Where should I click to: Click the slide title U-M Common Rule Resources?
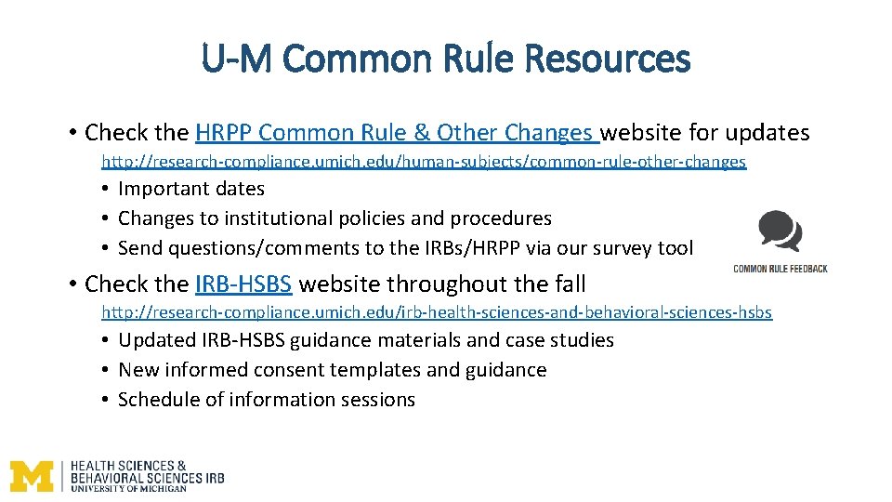(446, 59)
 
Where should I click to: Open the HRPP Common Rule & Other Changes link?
(397, 133)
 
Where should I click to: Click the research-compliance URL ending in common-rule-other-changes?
(423, 162)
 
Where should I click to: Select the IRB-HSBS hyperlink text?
(243, 284)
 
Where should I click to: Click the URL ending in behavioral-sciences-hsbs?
(436, 312)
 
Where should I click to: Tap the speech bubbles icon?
(780, 232)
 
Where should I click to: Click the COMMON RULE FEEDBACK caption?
(780, 269)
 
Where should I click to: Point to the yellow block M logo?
(32, 476)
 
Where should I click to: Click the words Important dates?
(191, 189)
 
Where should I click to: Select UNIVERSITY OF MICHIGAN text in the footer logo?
(129, 487)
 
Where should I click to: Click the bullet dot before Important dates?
(108, 189)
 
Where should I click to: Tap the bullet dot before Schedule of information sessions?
(108, 400)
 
